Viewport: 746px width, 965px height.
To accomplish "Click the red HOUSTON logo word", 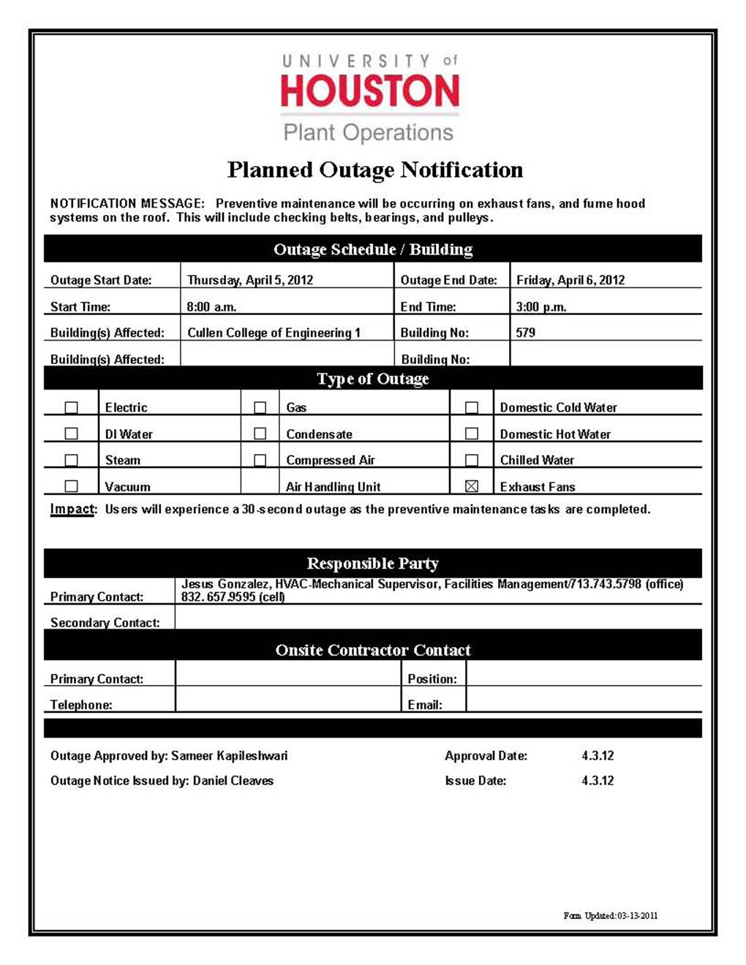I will click(370, 91).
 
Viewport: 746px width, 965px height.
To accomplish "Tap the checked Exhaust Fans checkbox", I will click(472, 486).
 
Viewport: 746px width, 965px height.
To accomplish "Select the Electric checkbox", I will click(71, 407).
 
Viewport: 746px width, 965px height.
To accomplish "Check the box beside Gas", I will click(260, 407).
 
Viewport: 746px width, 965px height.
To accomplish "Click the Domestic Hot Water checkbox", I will click(472, 434).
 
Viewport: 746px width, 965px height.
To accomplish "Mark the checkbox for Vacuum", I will click(71, 486).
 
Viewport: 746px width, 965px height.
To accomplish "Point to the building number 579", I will click(525, 333).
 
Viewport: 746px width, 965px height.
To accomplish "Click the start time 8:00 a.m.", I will click(211, 307).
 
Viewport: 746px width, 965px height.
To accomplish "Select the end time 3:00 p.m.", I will click(541, 307).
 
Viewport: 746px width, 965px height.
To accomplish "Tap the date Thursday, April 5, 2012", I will click(250, 280).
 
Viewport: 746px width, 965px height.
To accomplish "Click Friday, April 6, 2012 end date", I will click(570, 280).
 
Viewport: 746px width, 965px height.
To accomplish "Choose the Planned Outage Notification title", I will click(374, 170).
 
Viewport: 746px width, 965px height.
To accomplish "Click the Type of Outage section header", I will click(373, 379).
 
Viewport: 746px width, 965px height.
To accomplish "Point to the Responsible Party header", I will click(373, 564).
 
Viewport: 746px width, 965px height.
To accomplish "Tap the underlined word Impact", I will click(72, 509).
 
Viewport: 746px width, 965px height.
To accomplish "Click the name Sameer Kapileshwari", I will click(229, 756).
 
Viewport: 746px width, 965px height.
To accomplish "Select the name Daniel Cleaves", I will click(233, 781).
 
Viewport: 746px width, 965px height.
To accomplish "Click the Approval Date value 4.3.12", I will click(598, 756).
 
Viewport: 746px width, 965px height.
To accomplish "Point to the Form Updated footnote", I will click(611, 915).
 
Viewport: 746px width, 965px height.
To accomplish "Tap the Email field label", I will click(425, 705).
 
